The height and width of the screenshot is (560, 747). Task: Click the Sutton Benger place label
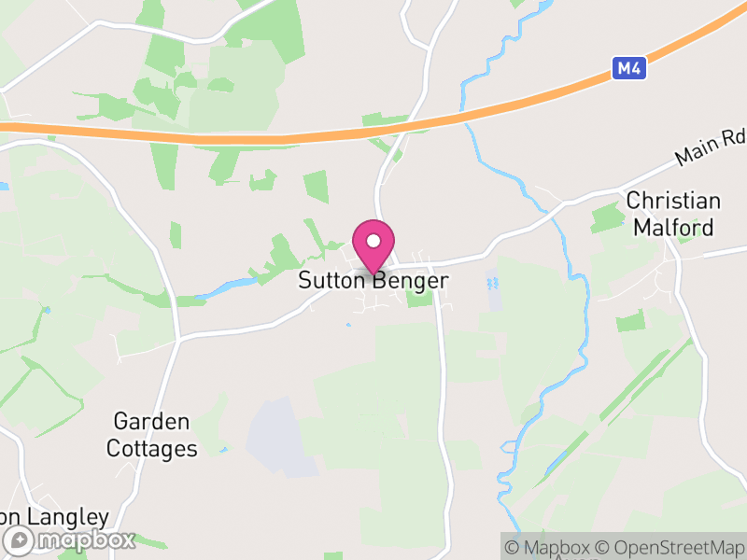tap(373, 280)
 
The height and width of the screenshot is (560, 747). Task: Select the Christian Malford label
tap(672, 214)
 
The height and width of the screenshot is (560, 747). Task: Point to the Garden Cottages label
tap(151, 435)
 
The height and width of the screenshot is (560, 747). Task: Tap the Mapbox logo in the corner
tap(71, 539)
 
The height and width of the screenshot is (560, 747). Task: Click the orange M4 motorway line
tap(280, 138)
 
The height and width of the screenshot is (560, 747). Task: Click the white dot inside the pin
tap(373, 241)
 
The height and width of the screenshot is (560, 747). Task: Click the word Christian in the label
tap(673, 201)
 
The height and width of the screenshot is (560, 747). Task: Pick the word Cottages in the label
tap(151, 449)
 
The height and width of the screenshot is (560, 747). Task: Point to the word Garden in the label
tap(151, 422)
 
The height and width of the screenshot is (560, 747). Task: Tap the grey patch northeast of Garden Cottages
tap(280, 433)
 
